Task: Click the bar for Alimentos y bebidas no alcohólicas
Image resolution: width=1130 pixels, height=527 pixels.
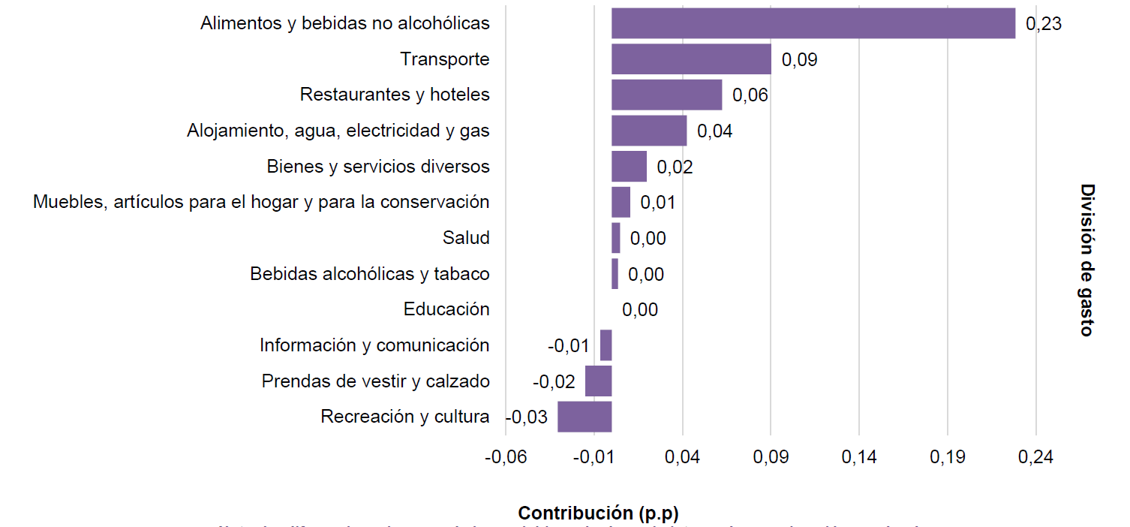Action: click(x=813, y=23)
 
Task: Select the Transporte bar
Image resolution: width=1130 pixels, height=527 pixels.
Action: click(x=691, y=59)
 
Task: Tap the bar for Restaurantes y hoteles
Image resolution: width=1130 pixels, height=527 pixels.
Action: click(x=666, y=95)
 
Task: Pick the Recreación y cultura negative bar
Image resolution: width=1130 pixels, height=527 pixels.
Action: click(x=585, y=417)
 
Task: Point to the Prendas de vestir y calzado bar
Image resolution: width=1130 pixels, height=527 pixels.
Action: click(x=598, y=381)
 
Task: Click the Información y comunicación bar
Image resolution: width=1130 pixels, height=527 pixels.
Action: click(x=606, y=345)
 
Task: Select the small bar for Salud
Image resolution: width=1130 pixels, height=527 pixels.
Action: click(x=616, y=238)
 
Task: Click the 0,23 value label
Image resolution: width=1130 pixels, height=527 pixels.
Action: click(x=1043, y=24)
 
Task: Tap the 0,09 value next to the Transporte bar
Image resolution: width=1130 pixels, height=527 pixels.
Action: click(x=799, y=60)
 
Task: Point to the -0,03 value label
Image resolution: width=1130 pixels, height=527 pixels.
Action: click(x=527, y=417)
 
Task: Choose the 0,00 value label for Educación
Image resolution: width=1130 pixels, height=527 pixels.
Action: click(x=640, y=310)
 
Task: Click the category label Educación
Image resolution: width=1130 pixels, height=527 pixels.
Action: click(x=446, y=309)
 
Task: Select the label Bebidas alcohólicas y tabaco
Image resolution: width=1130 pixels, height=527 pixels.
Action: click(x=369, y=274)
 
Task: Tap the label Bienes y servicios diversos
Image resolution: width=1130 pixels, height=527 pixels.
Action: click(x=378, y=167)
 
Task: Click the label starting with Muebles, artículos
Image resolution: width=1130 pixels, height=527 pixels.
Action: click(x=261, y=202)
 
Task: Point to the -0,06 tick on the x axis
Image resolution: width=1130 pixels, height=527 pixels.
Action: click(x=506, y=458)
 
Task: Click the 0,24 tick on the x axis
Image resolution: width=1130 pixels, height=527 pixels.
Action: click(x=1035, y=458)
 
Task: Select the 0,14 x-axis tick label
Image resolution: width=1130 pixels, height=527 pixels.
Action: click(x=859, y=458)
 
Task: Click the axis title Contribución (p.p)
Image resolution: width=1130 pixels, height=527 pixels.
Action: click(x=598, y=513)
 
